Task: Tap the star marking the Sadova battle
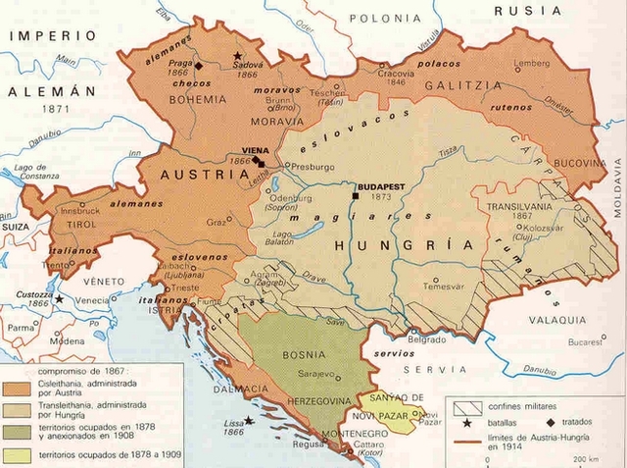tap(236, 55)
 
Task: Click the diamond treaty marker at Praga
tap(199, 66)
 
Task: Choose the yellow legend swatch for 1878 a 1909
tap(17, 454)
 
